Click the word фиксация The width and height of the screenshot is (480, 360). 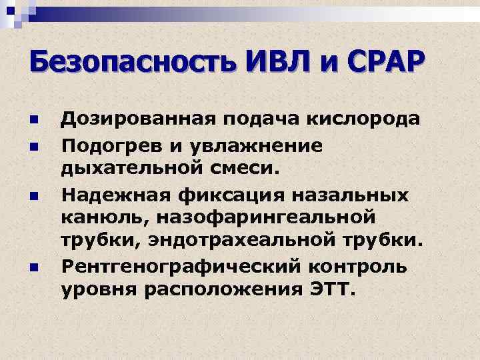point(215,195)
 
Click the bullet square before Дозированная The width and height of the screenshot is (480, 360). point(33,121)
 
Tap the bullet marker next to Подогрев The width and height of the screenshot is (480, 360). point(33,145)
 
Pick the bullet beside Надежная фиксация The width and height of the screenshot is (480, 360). point(33,196)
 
